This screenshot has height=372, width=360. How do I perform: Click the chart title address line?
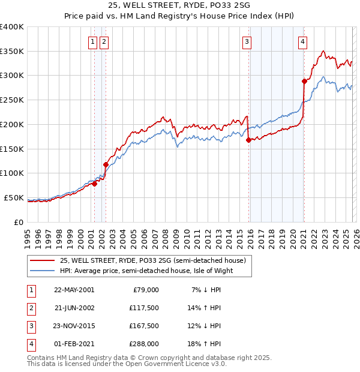(x=179, y=6)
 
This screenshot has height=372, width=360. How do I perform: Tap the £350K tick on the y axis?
(x=12, y=52)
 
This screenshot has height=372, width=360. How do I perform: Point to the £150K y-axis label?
(x=12, y=149)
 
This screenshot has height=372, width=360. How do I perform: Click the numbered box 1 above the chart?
(x=94, y=41)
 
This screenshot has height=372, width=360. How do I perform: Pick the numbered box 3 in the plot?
(x=247, y=41)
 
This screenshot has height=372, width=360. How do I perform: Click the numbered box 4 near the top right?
(x=302, y=41)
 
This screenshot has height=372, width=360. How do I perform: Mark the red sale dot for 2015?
(x=248, y=140)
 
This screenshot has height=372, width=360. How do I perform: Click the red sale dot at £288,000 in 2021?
(x=304, y=81)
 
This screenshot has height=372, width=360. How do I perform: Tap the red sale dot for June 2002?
(x=106, y=164)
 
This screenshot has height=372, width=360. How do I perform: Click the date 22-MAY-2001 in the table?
(x=74, y=290)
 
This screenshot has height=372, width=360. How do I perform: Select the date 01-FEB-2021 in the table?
(x=74, y=344)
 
